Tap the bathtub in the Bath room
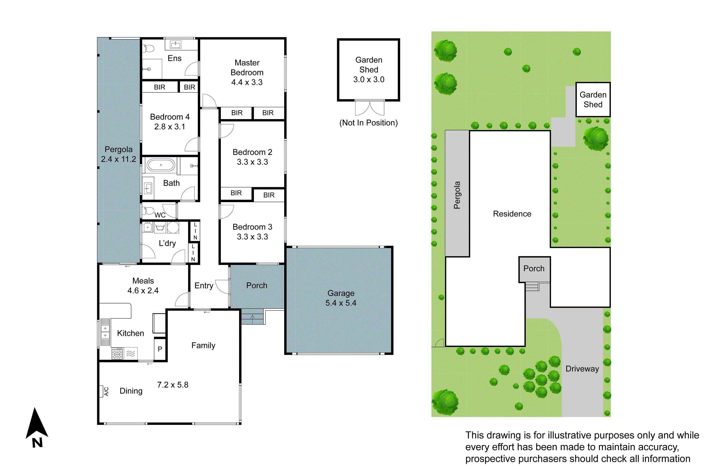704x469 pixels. coord(161,165)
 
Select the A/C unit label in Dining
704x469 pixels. coord(106,391)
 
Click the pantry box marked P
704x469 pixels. coord(160,349)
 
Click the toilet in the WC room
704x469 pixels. coord(149,210)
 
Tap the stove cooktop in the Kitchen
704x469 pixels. coord(117,354)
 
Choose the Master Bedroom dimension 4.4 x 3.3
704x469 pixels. coord(247,82)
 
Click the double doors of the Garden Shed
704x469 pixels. coord(370,108)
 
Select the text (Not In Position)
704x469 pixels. coord(368,123)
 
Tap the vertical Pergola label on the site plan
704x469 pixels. coord(457,195)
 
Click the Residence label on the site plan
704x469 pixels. coord(512,214)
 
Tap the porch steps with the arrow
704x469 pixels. coord(252,317)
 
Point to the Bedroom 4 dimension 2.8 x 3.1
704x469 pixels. coord(169,127)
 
